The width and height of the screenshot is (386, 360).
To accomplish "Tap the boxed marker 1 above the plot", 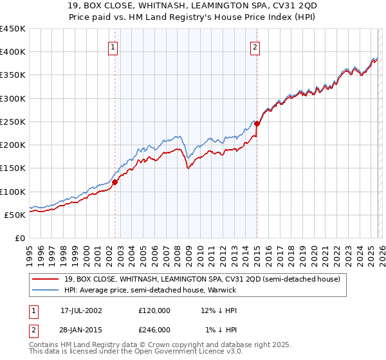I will point(113,47).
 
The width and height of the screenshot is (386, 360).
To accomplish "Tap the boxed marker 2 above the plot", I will point(255,47).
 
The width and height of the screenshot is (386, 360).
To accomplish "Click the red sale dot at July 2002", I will point(115,182).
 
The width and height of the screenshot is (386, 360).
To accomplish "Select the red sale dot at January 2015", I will point(257,123).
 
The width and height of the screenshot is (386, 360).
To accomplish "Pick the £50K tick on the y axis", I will point(15,215).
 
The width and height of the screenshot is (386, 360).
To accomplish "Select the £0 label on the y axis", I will point(21,238).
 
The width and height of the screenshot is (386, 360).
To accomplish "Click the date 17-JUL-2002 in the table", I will point(81,310).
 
